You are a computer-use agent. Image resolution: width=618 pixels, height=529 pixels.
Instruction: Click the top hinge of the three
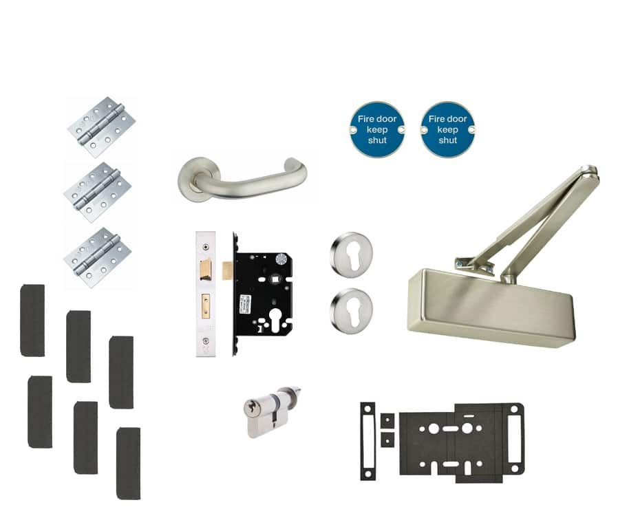pyautogui.click(x=101, y=127)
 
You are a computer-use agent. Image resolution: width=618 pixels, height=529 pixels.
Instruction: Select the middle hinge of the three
pyautogui.click(x=98, y=191)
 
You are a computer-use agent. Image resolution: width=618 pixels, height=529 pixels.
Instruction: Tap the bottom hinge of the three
pyautogui.click(x=98, y=257)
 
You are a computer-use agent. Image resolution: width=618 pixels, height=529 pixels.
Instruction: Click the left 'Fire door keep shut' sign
pyautogui.click(x=376, y=129)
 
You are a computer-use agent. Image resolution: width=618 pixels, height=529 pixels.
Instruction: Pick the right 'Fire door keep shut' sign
pyautogui.click(x=447, y=129)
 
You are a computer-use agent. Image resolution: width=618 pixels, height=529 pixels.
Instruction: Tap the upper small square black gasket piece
pyautogui.click(x=387, y=420)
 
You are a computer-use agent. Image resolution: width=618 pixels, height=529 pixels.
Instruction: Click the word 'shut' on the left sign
pyautogui.click(x=377, y=140)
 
